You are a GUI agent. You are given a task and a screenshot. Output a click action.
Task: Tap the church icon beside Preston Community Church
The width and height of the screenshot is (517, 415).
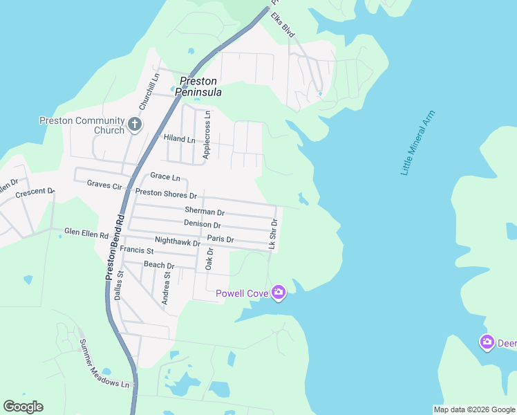pyautogui.click(x=134, y=125)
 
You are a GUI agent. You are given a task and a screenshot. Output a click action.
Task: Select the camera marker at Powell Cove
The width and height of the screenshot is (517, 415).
pyautogui.click(x=279, y=293)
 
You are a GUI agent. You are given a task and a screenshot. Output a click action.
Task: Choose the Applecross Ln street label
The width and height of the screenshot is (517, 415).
pyautogui.click(x=206, y=136)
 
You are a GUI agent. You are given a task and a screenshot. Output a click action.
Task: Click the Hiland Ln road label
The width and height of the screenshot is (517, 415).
pyautogui.click(x=179, y=138)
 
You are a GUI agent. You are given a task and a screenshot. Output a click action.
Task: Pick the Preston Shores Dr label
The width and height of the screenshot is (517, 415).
pyautogui.click(x=166, y=194)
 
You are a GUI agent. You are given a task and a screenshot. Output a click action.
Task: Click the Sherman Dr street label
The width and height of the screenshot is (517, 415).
pyautogui.click(x=205, y=210)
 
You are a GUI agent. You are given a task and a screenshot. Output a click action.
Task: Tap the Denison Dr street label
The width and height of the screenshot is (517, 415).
pyautogui.click(x=203, y=224)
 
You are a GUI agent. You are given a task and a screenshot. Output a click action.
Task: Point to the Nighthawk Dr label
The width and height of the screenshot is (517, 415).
pyautogui.click(x=178, y=241)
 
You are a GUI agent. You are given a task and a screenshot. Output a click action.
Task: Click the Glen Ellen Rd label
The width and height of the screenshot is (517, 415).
pyautogui.click(x=86, y=233)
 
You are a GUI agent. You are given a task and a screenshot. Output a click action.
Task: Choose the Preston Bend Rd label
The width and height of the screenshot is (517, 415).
pyautogui.click(x=114, y=246)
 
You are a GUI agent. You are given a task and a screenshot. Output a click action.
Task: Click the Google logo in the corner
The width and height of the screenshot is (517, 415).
pyautogui.click(x=23, y=407)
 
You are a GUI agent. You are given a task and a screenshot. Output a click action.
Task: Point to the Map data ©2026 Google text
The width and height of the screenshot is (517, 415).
pyautogui.click(x=474, y=409)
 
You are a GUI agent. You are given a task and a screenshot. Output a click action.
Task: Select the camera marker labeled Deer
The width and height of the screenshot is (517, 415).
pyautogui.click(x=487, y=342)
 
